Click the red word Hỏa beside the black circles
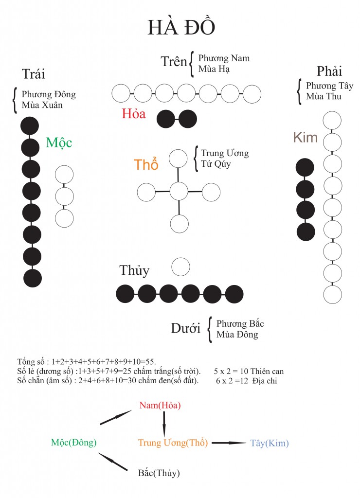(x=133, y=114)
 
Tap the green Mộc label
(x=59, y=142)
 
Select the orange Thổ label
(x=146, y=164)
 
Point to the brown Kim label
(x=306, y=138)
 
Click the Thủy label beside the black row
(x=134, y=270)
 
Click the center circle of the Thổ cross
(x=179, y=191)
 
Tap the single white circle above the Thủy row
(x=180, y=267)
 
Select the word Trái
(x=34, y=74)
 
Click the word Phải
(x=329, y=71)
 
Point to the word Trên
(x=174, y=61)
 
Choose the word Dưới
(x=185, y=328)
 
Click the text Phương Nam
(x=224, y=58)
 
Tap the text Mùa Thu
(x=324, y=96)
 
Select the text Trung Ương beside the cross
(x=225, y=153)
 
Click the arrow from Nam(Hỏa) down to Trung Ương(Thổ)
(x=164, y=424)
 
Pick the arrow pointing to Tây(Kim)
(x=229, y=443)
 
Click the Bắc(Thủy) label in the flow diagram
(x=159, y=473)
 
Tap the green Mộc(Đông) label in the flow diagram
(x=74, y=443)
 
